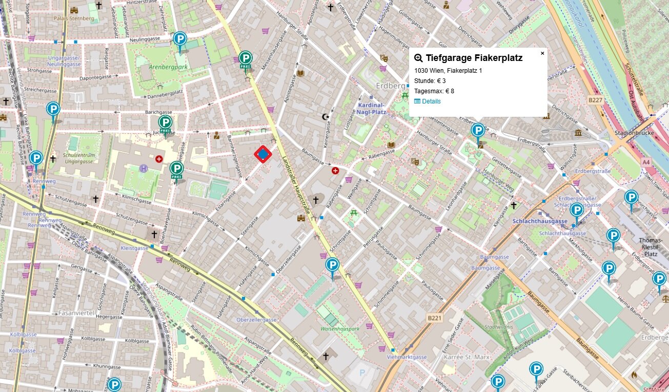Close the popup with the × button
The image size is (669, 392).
click(x=542, y=53)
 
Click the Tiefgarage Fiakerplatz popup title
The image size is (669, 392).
click(x=474, y=58)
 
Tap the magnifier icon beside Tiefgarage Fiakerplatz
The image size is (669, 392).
click(x=418, y=58)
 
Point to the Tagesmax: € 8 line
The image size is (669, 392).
click(x=434, y=91)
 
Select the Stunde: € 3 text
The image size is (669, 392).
click(x=430, y=81)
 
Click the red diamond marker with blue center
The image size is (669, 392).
click(x=263, y=154)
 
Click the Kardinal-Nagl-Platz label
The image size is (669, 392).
click(x=371, y=108)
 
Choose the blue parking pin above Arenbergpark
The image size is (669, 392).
click(x=179, y=39)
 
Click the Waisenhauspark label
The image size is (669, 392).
click(x=340, y=328)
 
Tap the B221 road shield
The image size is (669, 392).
click(x=434, y=318)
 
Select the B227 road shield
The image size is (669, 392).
click(x=595, y=100)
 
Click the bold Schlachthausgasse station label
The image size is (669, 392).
click(x=540, y=221)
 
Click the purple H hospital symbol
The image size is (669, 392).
click(x=144, y=168)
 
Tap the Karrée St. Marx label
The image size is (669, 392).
click(x=467, y=357)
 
